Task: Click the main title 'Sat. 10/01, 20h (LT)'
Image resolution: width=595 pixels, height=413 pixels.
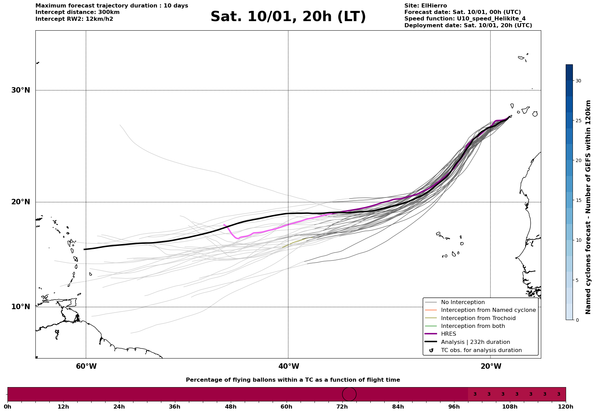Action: point(288,17)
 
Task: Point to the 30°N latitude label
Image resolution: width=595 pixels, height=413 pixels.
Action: point(20,90)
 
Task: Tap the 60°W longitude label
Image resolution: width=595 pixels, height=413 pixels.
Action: point(86,366)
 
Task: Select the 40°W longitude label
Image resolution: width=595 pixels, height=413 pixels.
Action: point(288,366)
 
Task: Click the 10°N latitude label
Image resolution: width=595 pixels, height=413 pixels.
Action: point(20,307)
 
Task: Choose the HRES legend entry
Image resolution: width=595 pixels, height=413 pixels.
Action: point(448,334)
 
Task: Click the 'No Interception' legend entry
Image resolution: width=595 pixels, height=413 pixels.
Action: point(463,302)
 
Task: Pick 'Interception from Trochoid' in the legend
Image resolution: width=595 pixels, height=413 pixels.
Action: point(478,318)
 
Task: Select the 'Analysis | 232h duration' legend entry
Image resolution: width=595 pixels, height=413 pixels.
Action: point(475,342)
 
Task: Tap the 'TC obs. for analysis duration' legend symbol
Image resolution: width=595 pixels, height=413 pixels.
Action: point(431,350)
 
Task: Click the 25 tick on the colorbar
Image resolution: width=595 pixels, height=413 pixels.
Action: point(578,121)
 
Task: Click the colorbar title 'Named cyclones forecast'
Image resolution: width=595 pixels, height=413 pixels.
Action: point(588,207)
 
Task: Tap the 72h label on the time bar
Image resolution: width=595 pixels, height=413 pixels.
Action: point(342,407)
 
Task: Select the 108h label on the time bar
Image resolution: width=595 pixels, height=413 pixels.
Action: point(510,407)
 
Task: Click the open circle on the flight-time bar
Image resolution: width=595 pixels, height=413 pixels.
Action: point(349,394)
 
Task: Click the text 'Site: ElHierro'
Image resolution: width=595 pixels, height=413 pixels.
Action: point(425,6)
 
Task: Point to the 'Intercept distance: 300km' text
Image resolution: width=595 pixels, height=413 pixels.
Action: point(77,12)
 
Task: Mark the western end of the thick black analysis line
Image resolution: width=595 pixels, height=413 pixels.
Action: point(84,250)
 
